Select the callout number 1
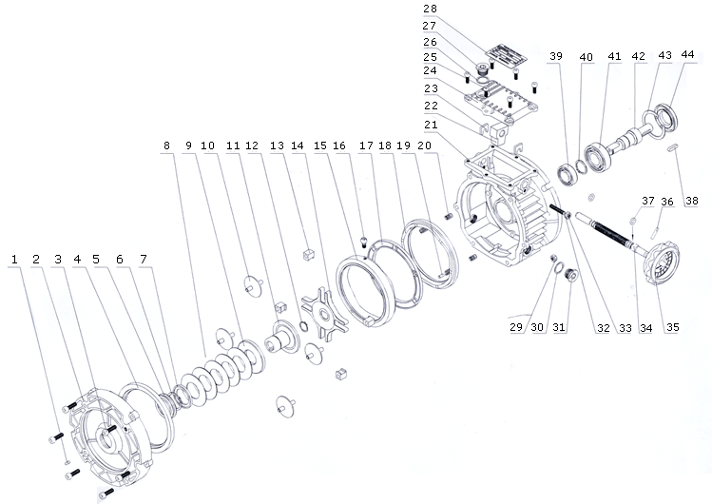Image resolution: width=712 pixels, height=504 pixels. pyautogui.click(x=14, y=258)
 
